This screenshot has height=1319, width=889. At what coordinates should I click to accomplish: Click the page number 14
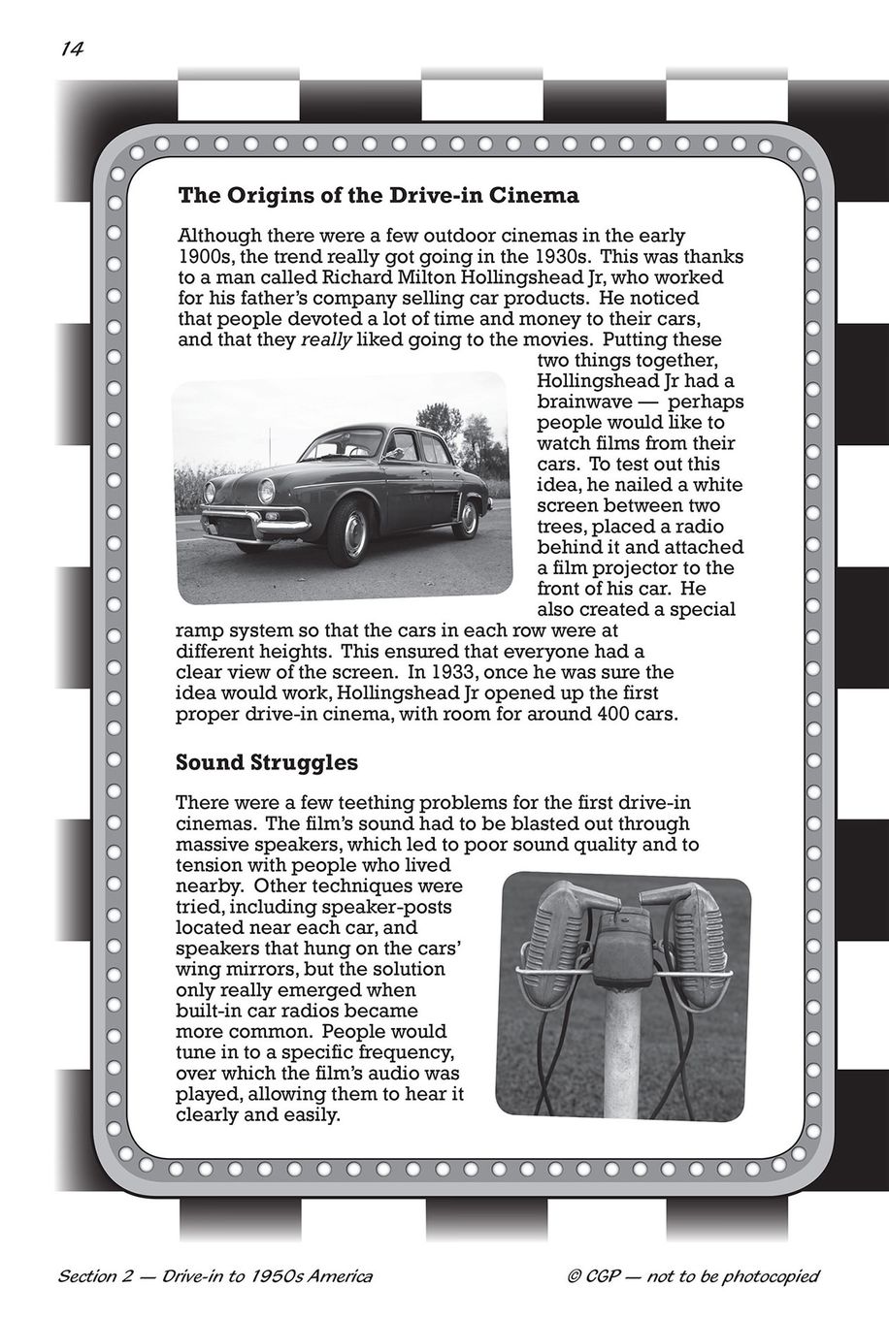click(69, 51)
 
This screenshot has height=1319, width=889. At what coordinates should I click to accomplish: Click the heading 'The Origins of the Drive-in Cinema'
click(379, 196)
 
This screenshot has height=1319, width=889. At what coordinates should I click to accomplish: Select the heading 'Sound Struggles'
click(266, 762)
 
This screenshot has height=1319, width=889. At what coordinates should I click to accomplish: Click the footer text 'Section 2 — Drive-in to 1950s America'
click(215, 1275)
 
